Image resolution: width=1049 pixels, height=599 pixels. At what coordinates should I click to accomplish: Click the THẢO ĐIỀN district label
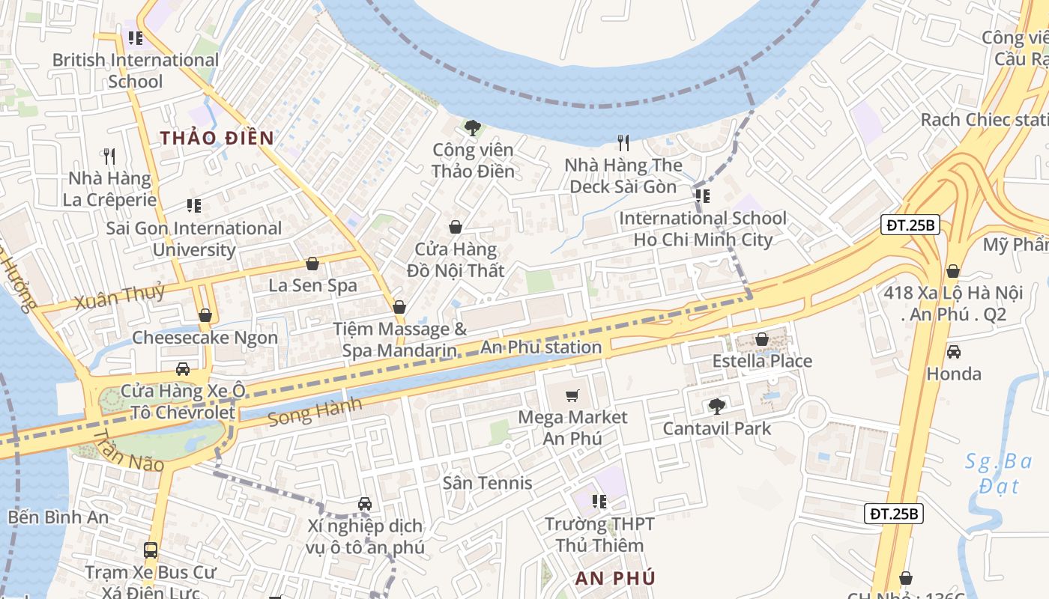click(217, 138)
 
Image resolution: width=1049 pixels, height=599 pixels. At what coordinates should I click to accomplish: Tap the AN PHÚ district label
click(615, 578)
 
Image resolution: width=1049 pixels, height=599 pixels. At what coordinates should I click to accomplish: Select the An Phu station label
click(540, 347)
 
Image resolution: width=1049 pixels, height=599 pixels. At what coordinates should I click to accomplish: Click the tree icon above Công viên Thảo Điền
click(472, 128)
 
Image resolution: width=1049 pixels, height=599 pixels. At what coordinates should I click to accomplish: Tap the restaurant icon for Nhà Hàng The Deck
click(623, 142)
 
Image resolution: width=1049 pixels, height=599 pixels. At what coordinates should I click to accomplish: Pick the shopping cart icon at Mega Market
click(572, 395)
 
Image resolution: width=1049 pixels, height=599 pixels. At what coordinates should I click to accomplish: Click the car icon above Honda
click(953, 351)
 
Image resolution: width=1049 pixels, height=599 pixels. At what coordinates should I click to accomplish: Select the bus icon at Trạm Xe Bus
click(151, 550)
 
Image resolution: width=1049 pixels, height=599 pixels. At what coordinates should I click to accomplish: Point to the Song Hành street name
click(315, 412)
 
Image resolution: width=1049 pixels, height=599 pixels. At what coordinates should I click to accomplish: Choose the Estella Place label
click(762, 361)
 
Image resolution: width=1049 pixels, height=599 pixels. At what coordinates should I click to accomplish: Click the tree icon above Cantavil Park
click(717, 407)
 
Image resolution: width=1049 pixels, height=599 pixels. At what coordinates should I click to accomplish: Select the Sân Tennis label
click(487, 483)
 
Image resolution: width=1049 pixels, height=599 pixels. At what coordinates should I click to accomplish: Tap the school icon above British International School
click(135, 37)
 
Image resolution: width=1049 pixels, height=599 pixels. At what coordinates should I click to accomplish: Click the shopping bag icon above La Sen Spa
click(312, 264)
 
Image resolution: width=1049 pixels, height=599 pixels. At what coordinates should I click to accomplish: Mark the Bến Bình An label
click(58, 517)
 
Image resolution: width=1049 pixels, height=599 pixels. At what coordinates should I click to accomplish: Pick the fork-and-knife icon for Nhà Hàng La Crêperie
click(109, 156)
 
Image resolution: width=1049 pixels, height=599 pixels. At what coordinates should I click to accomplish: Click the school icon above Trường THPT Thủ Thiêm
click(599, 502)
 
